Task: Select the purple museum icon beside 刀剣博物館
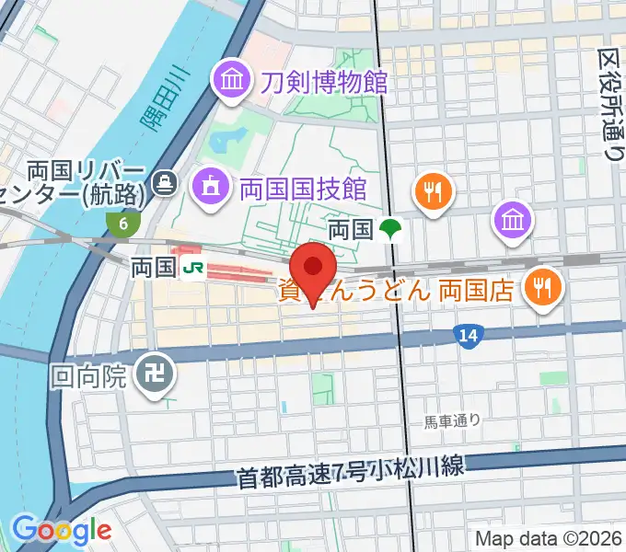tap(230, 81)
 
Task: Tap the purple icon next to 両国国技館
tap(209, 189)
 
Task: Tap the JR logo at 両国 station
tap(193, 268)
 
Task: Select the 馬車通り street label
tap(452, 421)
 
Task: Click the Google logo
tap(61, 530)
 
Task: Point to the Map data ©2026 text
tap(550, 539)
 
